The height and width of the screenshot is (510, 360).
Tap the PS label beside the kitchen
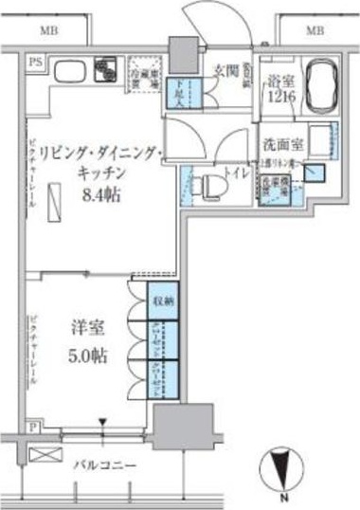click(x=35, y=64)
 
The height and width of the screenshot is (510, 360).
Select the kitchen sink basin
click(x=69, y=71)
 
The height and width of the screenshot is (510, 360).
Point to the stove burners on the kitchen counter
click(x=103, y=69)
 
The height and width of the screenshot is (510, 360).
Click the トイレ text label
click(x=234, y=174)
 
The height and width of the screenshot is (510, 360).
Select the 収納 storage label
click(x=164, y=301)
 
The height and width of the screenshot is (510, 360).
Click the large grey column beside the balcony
click(x=173, y=424)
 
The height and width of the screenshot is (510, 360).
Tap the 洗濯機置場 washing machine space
click(x=272, y=188)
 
